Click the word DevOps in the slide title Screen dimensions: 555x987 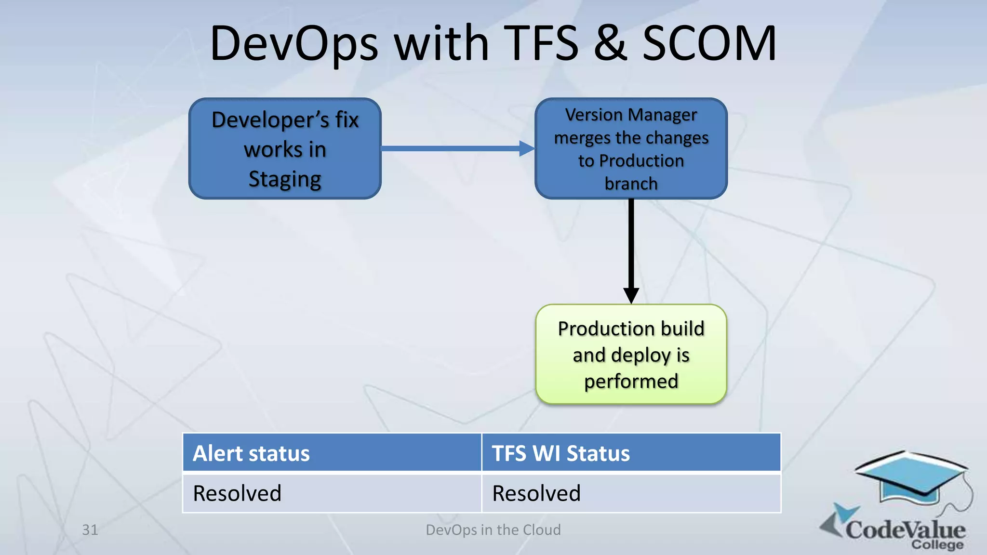coord(294,44)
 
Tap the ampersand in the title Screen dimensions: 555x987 coord(610,44)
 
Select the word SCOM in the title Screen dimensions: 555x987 coord(709,44)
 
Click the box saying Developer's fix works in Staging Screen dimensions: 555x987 coord(285,148)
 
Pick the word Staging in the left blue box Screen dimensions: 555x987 coord(285,180)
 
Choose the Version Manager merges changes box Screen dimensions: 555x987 coord(631,148)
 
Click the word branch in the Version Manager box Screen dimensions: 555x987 coord(631,184)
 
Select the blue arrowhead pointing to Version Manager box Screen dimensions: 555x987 coord(526,148)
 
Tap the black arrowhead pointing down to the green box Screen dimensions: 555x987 coord(631,295)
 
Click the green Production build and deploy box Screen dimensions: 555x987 coord(631,355)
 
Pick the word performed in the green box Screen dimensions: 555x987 coord(631,382)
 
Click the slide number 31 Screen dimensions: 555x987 coord(90,530)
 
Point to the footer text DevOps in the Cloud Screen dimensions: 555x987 coord(493,530)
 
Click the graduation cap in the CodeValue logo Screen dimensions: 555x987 coord(911,477)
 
